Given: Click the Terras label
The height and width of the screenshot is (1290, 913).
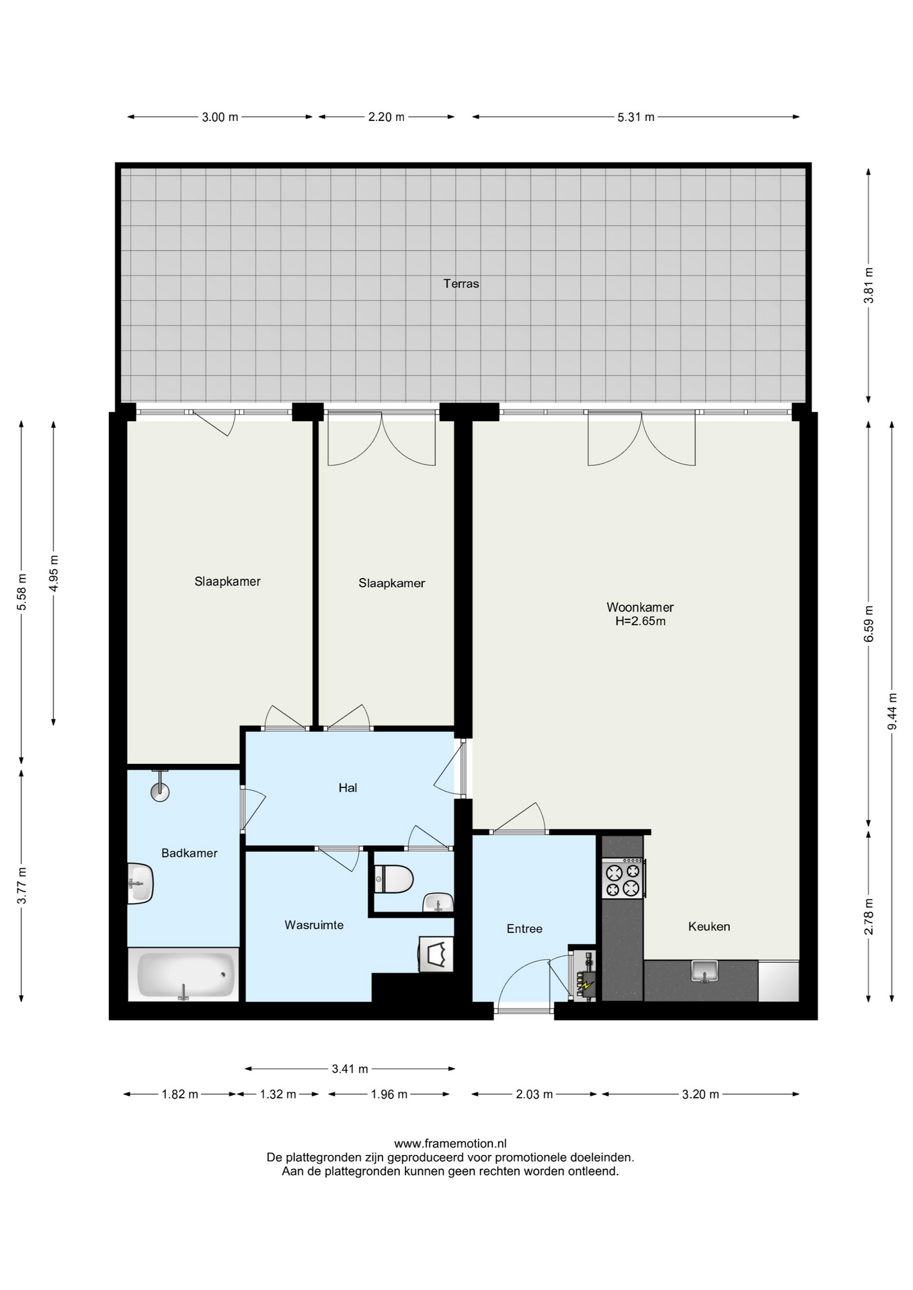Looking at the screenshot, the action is tap(461, 284).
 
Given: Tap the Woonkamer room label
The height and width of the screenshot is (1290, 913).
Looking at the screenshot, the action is tap(640, 607).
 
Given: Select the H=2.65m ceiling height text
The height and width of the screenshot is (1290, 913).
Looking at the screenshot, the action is tap(640, 621).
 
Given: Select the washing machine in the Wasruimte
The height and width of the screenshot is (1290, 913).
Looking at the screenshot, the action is tap(436, 954).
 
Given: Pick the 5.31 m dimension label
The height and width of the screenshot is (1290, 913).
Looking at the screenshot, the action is tap(636, 117).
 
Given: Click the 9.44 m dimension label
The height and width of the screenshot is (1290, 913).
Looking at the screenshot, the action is tap(892, 712).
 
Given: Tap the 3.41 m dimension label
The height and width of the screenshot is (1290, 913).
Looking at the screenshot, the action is tap(350, 1069).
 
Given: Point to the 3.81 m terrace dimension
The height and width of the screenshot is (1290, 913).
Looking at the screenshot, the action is tap(869, 286).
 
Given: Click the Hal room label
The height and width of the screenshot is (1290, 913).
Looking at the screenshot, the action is tap(348, 787).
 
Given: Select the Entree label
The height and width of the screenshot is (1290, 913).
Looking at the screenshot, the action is tap(524, 929).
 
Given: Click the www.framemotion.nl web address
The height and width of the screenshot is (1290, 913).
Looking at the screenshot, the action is tap(450, 1144).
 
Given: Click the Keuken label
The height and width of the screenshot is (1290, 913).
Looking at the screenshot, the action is tap(709, 927).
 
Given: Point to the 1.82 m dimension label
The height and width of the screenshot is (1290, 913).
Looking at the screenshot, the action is tap(180, 1094).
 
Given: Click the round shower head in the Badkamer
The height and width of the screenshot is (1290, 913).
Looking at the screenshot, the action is tap(159, 792).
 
